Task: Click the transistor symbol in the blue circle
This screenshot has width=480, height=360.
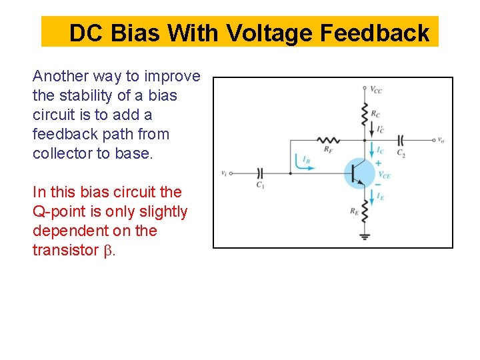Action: tap(360, 173)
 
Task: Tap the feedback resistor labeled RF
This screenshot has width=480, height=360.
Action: tap(328, 141)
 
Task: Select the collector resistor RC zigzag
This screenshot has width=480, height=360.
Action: tap(363, 111)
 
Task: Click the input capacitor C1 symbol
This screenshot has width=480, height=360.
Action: tap(262, 173)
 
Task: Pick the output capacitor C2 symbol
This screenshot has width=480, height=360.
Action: tap(401, 141)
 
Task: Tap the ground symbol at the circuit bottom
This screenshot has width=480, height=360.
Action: tap(363, 235)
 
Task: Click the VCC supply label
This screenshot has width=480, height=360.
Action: tap(376, 89)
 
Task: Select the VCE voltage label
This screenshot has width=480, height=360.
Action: tap(385, 175)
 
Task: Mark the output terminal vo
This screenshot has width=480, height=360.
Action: tap(441, 141)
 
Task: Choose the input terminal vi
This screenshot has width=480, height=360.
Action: tap(225, 173)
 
